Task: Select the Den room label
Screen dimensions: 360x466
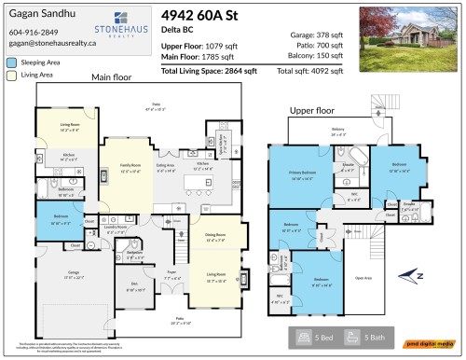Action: pos(133,286)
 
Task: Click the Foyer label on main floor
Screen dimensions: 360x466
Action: pos(171,276)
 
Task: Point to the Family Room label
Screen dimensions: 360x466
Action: pos(129,165)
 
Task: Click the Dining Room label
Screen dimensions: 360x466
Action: pos(214,236)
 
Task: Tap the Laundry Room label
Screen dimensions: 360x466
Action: pos(116,227)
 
